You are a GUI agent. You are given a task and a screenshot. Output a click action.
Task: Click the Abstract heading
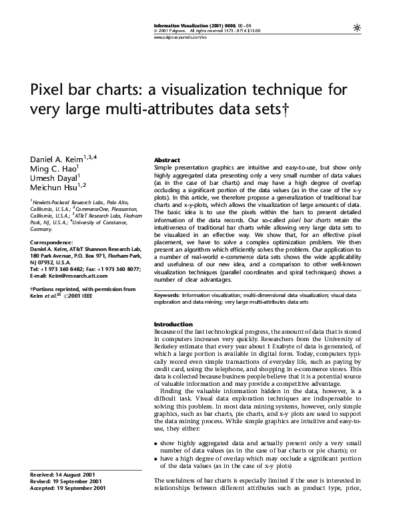167,161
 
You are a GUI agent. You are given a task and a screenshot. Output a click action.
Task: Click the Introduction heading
173,324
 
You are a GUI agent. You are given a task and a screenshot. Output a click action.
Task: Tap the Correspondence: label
52,242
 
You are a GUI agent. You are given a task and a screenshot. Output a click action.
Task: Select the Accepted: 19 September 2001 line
68,489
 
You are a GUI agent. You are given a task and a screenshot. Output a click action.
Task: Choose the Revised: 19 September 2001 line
66,481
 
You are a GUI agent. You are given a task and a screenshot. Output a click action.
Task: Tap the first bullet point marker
156,443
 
